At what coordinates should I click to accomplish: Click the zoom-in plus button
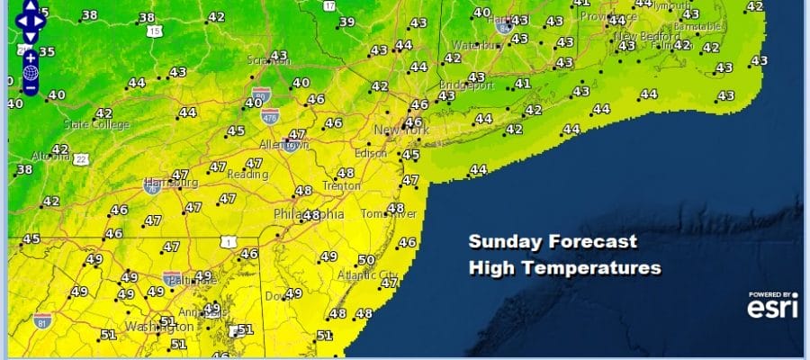(x=30, y=57)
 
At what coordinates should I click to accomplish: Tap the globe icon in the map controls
(x=30, y=73)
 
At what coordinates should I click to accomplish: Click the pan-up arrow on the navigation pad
(x=30, y=4)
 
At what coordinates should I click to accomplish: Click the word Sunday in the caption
(x=501, y=242)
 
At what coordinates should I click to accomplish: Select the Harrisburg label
(x=171, y=183)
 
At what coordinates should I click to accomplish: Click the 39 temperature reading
(x=346, y=22)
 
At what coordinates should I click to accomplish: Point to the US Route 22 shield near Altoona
(x=80, y=159)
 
